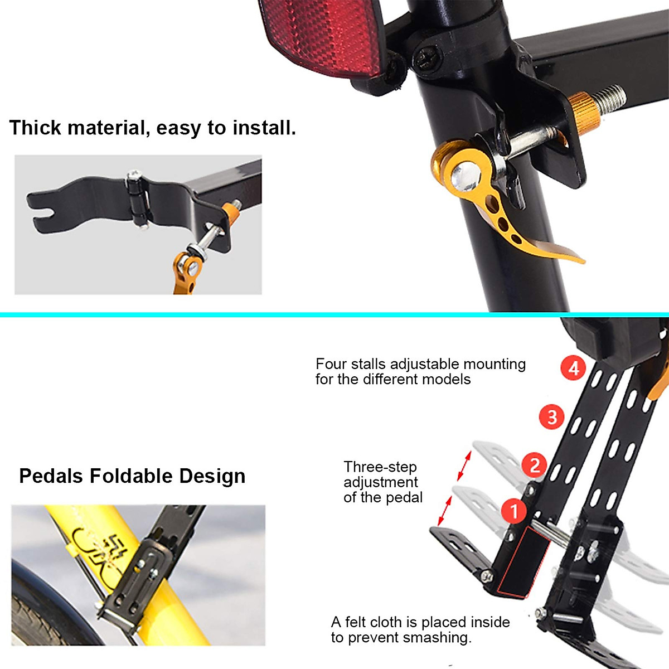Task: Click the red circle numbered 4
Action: [x=574, y=368]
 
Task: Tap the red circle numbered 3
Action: [x=552, y=417]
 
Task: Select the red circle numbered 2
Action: [x=535, y=465]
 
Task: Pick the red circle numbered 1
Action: [x=514, y=511]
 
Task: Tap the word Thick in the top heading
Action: [x=35, y=128]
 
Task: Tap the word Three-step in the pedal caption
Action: [x=380, y=467]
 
